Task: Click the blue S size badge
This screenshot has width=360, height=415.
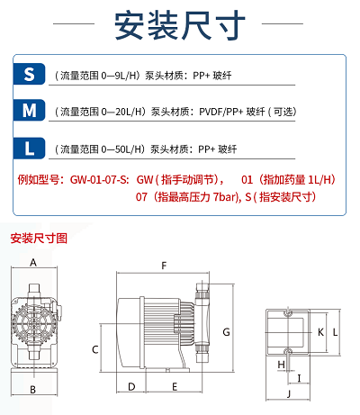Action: click(29, 74)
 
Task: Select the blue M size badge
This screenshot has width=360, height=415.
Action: click(29, 110)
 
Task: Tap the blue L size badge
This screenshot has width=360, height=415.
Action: click(29, 148)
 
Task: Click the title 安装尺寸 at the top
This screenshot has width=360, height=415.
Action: click(180, 25)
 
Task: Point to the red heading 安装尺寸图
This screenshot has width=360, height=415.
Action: click(39, 239)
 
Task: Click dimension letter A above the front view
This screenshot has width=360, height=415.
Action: click(33, 262)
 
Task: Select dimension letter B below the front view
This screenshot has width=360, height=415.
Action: click(33, 390)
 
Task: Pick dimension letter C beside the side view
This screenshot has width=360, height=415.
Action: click(95, 349)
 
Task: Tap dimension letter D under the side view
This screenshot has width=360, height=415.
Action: click(131, 387)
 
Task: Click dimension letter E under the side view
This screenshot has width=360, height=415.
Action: click(175, 387)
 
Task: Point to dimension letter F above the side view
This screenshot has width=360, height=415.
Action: click(164, 266)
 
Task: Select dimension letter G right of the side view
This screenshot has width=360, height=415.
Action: click(226, 332)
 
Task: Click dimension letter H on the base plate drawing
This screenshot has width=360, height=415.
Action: click(281, 365)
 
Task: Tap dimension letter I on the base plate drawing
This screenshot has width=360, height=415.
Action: click(299, 378)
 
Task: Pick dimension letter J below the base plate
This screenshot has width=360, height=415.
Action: click(289, 393)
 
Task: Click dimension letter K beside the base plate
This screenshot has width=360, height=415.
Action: click(320, 332)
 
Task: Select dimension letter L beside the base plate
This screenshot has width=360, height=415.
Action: click(335, 332)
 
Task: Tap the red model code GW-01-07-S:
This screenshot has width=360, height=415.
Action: click(100, 180)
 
